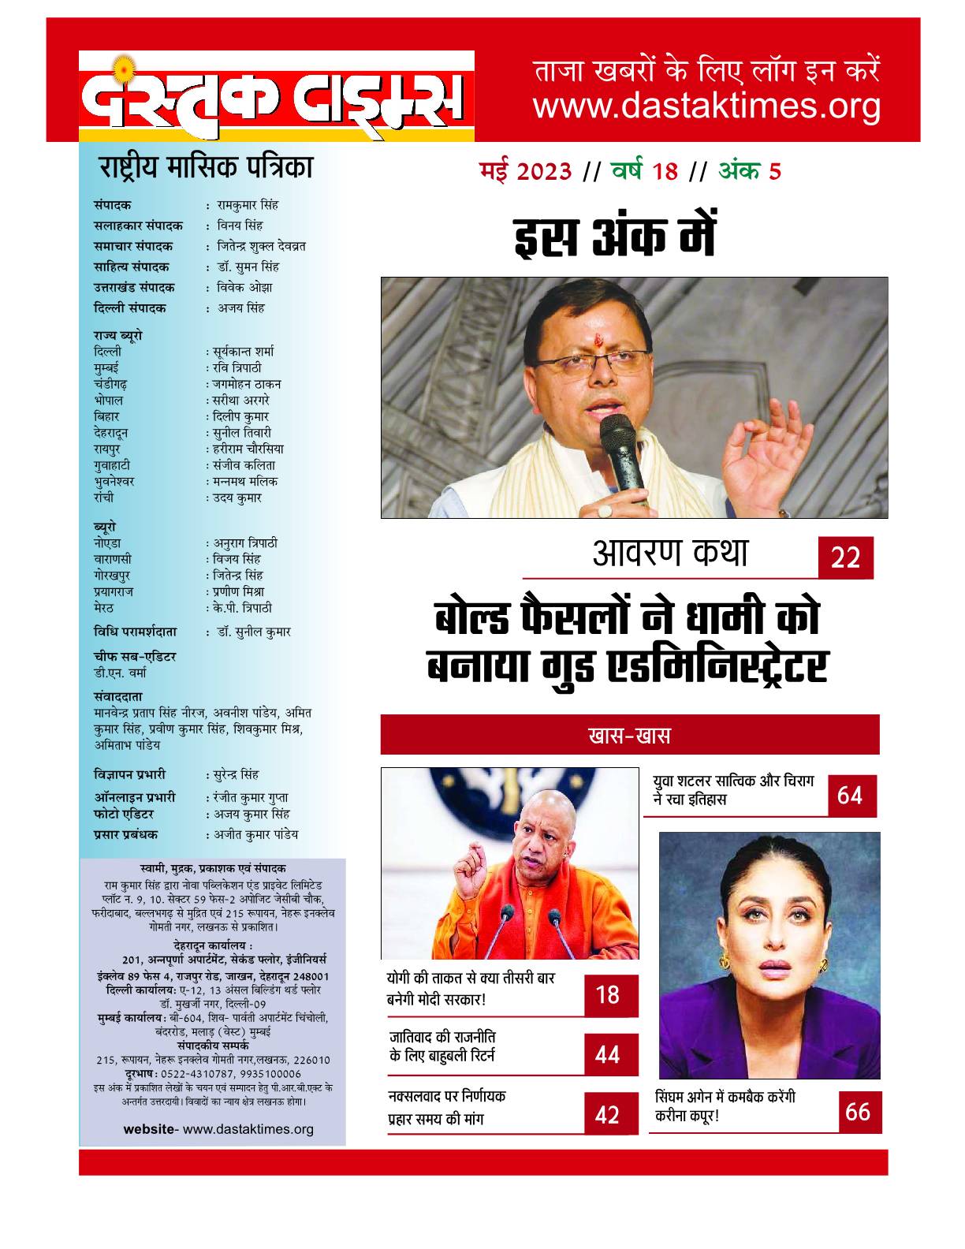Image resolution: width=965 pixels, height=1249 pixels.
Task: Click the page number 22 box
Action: coord(844,559)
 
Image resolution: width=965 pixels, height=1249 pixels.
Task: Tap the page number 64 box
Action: coord(851,796)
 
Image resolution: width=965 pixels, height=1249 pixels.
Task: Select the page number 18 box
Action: coord(608,994)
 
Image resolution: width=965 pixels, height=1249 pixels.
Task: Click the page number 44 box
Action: coord(608,1054)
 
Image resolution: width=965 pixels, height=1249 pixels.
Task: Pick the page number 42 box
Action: coord(608,1115)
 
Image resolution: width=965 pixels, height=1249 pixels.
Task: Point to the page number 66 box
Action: coord(858,1112)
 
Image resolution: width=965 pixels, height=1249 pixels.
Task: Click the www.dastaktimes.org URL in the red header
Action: coord(706,106)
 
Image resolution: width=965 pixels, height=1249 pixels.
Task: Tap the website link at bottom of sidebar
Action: coord(218,1129)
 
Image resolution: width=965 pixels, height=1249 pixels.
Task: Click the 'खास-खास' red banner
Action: coord(629,736)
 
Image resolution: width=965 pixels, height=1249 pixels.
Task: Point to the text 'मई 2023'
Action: coord(526,172)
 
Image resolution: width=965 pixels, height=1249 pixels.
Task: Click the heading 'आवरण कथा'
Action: coord(669,554)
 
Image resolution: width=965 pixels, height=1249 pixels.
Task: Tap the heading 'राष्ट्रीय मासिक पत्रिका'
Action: coord(205,167)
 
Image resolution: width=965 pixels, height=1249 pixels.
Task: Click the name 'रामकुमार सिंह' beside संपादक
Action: coord(248,205)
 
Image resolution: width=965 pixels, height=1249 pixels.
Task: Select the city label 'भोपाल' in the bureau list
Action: coord(108,400)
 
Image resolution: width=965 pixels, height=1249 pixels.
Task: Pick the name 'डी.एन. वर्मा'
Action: coord(119,673)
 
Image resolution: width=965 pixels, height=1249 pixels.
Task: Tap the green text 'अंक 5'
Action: coord(749,172)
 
